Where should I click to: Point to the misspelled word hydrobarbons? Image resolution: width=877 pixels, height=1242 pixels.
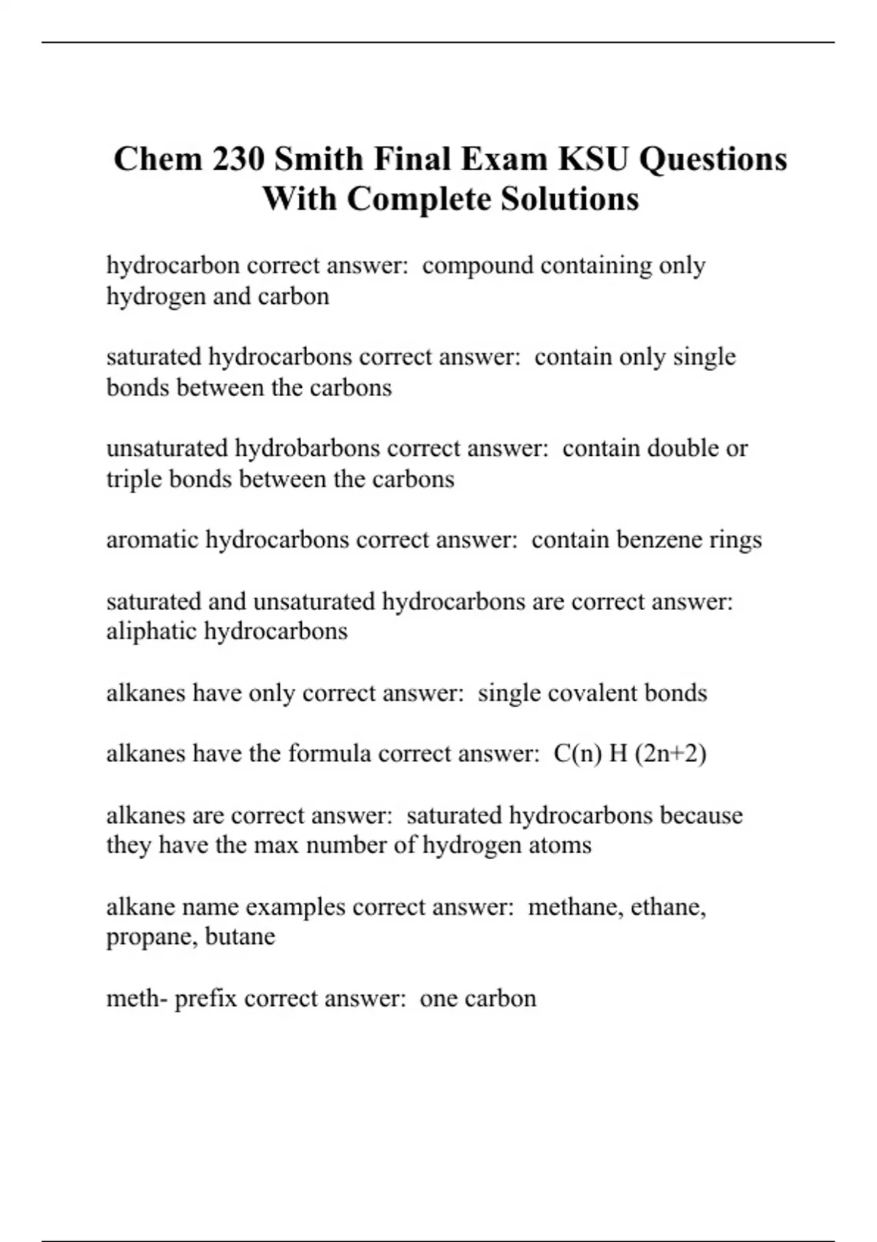click(x=308, y=448)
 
